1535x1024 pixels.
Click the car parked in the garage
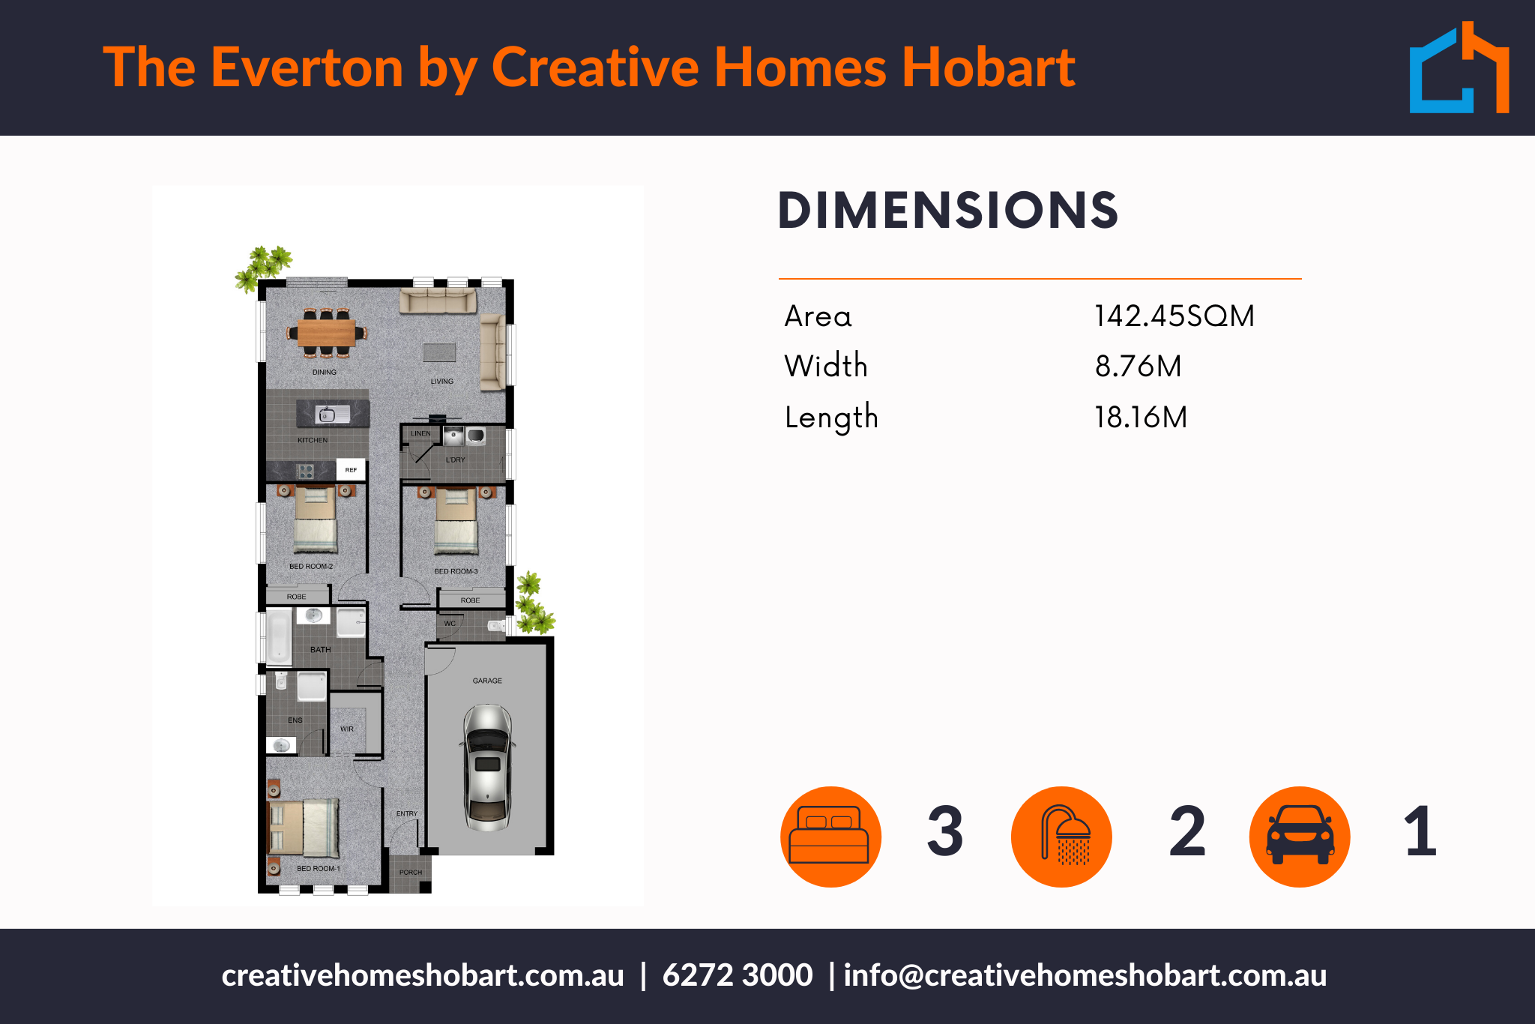point(487,767)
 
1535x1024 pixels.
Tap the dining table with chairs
point(327,332)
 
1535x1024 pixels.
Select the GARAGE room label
point(487,681)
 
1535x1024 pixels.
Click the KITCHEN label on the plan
point(313,440)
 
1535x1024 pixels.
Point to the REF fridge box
point(351,469)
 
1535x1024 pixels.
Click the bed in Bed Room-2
point(316,519)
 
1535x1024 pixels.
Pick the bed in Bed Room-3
point(456,522)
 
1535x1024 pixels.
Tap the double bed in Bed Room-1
point(304,828)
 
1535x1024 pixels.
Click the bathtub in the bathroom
point(279,636)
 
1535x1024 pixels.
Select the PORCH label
point(411,872)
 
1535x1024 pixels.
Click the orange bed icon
point(830,837)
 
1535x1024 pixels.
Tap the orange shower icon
point(1061,837)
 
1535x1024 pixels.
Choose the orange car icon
point(1300,837)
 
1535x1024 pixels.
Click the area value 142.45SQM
point(1174,316)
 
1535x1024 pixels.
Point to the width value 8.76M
point(1138,366)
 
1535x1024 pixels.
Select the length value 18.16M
point(1141,417)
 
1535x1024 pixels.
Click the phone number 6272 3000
point(738,975)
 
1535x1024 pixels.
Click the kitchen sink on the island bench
point(333,413)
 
